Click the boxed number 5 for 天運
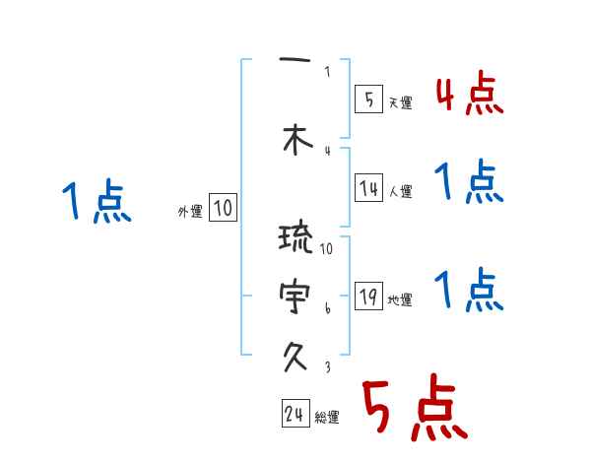(x=368, y=99)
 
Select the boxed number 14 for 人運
(x=368, y=188)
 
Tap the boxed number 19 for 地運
(x=368, y=298)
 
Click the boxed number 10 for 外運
(x=224, y=208)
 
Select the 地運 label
(x=401, y=300)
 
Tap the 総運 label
(x=327, y=418)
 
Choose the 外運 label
(x=190, y=211)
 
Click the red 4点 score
(x=469, y=95)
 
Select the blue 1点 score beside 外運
(x=96, y=202)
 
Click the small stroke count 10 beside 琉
(x=327, y=248)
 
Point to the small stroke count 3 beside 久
(x=327, y=366)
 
